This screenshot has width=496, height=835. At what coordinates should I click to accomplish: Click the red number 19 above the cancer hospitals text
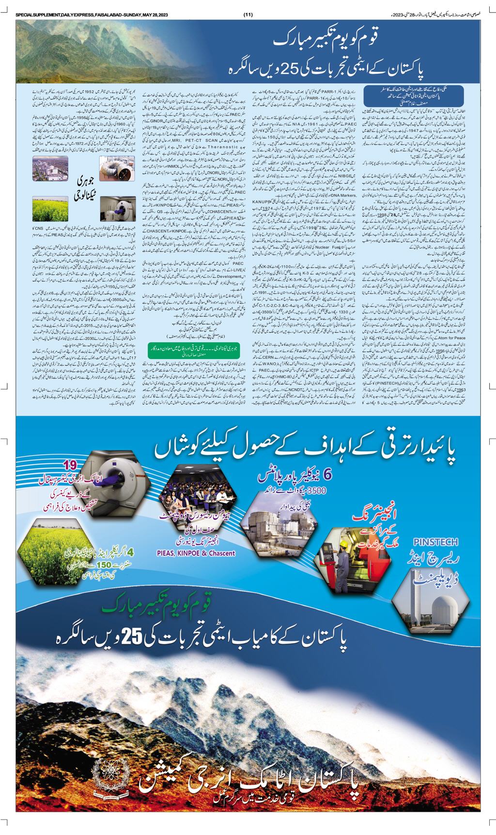[x=71, y=466]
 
